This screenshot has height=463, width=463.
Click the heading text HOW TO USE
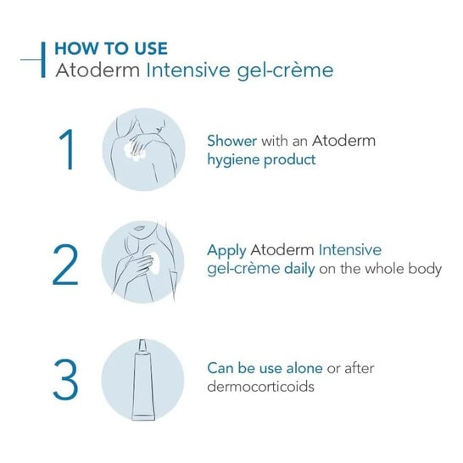(110, 47)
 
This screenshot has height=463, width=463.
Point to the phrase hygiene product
(262, 159)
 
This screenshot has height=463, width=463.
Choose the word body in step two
(424, 269)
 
